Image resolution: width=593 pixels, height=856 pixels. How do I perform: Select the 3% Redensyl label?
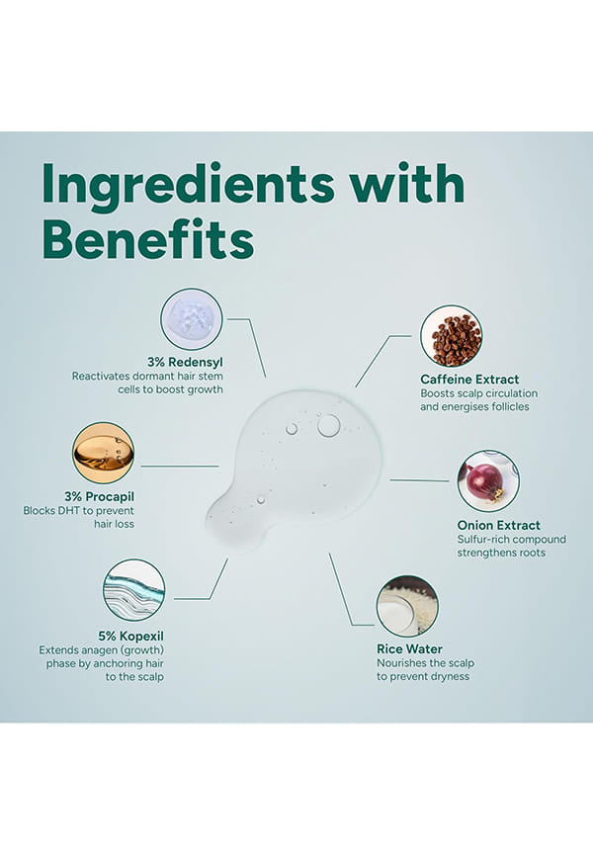point(185,362)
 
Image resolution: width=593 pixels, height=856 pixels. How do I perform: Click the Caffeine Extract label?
point(469,379)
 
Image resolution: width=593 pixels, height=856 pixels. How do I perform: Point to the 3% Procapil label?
point(99,497)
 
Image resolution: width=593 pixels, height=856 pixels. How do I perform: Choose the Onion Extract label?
point(498,525)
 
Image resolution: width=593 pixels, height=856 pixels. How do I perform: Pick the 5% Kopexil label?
point(131,636)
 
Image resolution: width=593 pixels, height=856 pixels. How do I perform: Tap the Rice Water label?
point(409,649)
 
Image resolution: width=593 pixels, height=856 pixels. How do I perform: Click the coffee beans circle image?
point(451,336)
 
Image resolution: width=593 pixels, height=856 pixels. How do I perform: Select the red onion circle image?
point(488,481)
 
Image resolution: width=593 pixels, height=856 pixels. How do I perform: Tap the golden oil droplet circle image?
point(103,453)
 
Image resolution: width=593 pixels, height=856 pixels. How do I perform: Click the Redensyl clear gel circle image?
point(191,319)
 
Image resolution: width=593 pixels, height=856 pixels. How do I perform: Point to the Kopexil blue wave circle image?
point(133,589)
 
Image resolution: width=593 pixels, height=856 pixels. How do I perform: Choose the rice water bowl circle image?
point(407,606)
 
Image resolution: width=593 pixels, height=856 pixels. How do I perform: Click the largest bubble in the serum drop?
point(329,425)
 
